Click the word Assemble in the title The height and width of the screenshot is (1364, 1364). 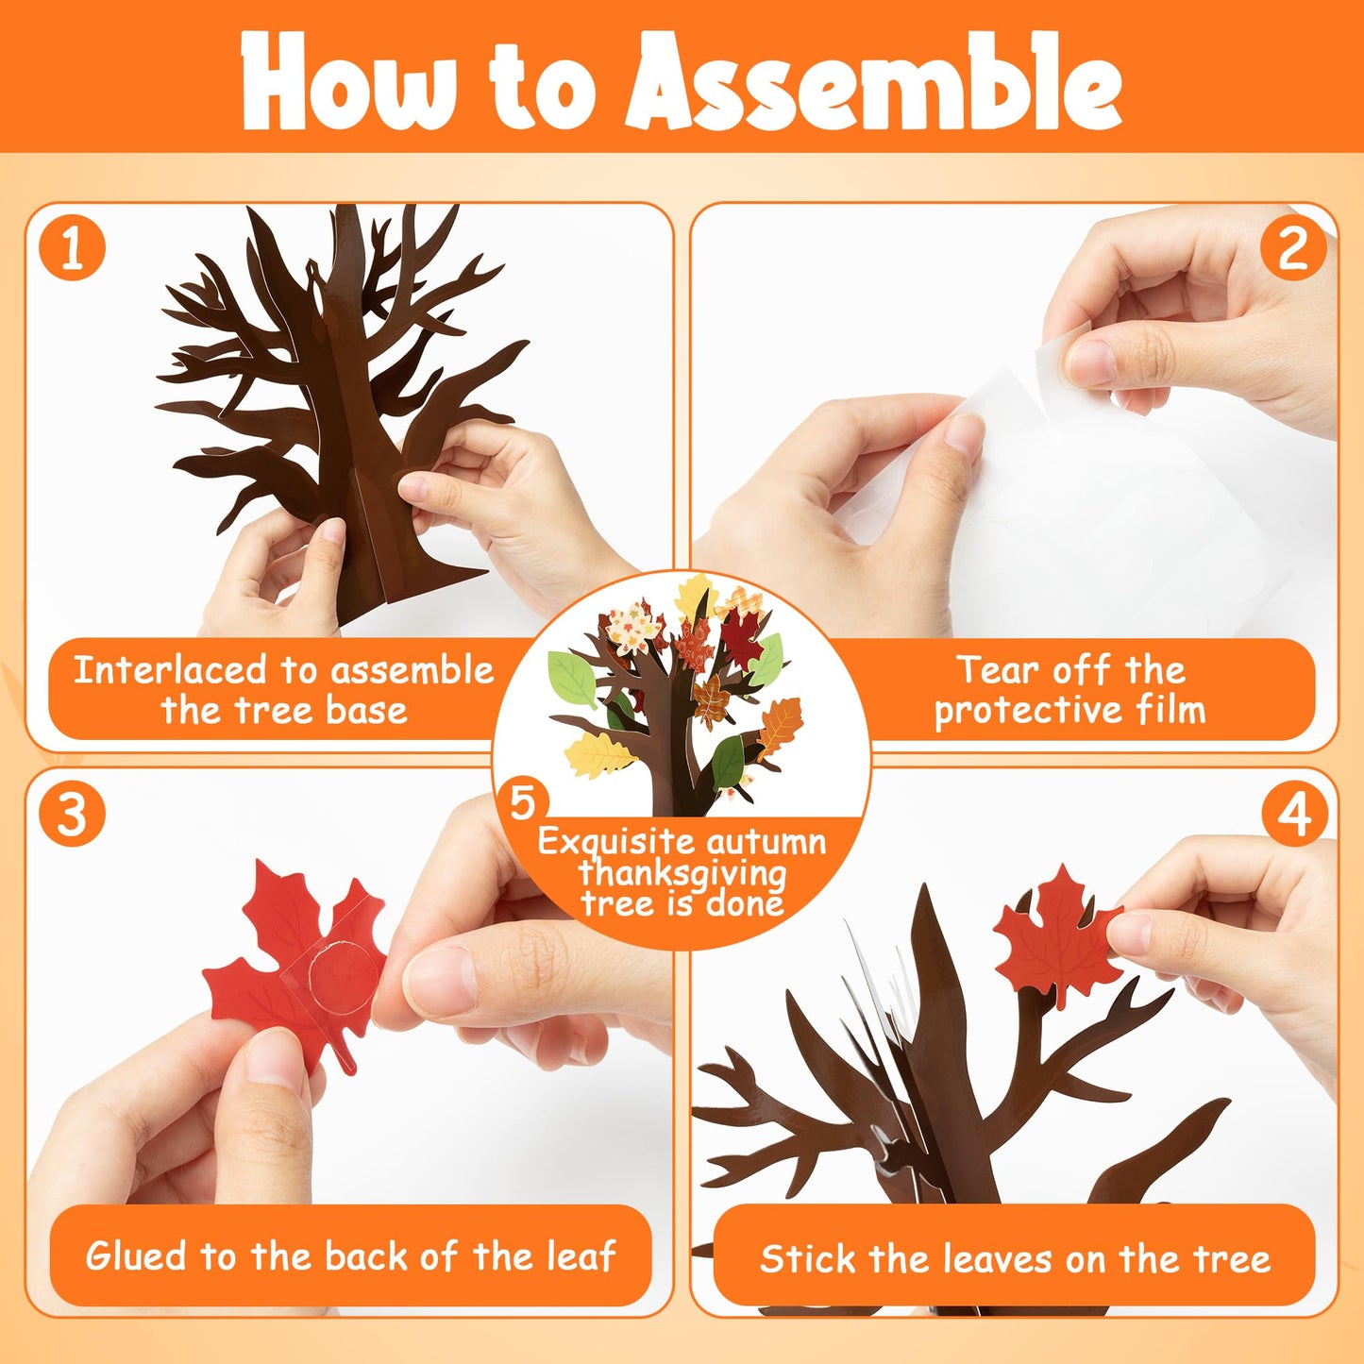click(876, 83)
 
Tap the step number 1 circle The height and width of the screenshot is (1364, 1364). click(72, 249)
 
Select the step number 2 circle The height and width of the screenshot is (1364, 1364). click(1292, 249)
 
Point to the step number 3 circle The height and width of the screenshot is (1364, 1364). click(72, 815)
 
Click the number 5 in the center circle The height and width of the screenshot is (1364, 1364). click(522, 802)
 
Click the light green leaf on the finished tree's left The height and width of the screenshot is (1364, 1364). click(573, 678)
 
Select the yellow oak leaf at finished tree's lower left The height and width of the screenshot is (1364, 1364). click(598, 753)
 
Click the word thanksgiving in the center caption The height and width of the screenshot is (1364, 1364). click(682, 872)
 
